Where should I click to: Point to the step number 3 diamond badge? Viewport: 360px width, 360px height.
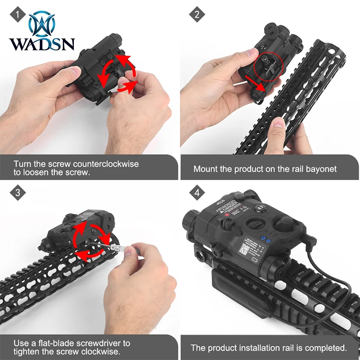pyautogui.click(x=17, y=193)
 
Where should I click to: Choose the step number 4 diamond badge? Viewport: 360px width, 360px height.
pyautogui.click(x=197, y=193)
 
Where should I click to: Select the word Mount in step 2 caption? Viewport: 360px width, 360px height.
pyautogui.click(x=205, y=169)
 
